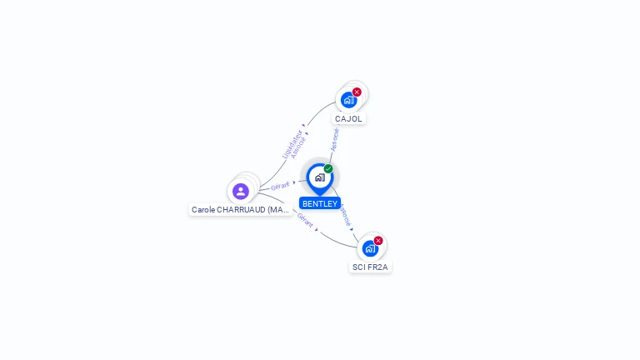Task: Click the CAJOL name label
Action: [x=348, y=118]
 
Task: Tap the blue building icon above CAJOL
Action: [x=348, y=100]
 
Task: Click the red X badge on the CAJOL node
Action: [x=357, y=92]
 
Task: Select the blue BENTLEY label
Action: [x=320, y=203]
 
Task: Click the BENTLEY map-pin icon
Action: [x=319, y=177]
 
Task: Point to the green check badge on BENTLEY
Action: [x=328, y=169]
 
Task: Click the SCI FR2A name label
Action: [x=370, y=267]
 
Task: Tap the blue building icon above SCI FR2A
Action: [x=370, y=248]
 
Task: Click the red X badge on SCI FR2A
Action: [x=378, y=241]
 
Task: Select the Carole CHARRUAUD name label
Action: [x=240, y=210]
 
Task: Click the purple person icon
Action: [x=241, y=192]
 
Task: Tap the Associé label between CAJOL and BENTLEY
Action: [x=334, y=138]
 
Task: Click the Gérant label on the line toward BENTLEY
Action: [x=280, y=186]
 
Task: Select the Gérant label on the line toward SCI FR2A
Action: [x=305, y=221]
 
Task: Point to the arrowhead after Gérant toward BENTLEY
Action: [x=295, y=182]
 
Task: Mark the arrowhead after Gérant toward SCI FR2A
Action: [x=317, y=229]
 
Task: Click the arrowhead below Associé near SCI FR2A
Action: [x=352, y=228]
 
